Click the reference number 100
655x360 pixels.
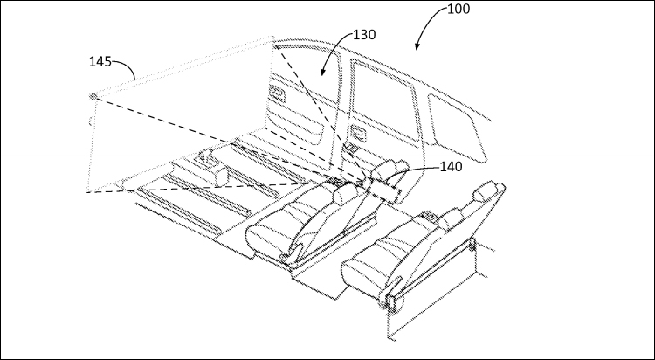pos(458,9)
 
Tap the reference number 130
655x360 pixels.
pos(364,35)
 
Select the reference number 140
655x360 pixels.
pos(452,167)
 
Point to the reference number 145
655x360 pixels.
pos(100,62)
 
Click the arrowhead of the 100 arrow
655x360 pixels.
pos(417,46)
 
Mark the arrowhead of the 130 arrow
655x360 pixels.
pos(322,72)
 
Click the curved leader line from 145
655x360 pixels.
pos(125,68)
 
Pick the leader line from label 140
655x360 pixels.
pos(414,171)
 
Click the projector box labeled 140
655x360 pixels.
pos(385,190)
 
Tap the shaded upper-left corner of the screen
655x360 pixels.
pos(93,97)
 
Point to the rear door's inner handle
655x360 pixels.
pos(356,134)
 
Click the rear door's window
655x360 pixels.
pos(385,100)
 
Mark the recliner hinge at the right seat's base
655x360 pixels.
pos(390,301)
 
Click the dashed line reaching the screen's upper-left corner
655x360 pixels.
pos(228,140)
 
